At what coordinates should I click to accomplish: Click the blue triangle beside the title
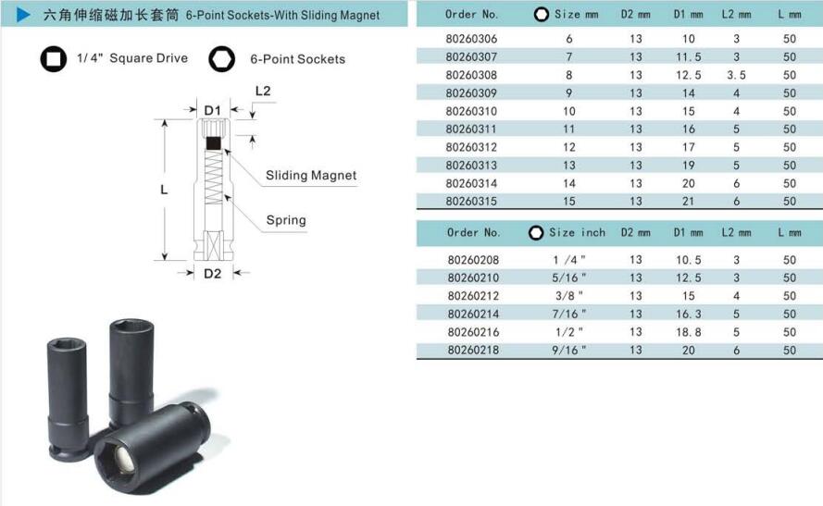[x=23, y=15]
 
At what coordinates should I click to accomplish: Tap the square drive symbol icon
[x=53, y=58]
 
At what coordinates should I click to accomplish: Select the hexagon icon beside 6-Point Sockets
[x=221, y=58]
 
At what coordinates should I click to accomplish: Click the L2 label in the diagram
[x=263, y=91]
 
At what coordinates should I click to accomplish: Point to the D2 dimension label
[x=213, y=273]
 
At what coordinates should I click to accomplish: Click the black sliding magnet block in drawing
[x=213, y=143]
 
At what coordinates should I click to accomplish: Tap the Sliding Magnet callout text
[x=311, y=175]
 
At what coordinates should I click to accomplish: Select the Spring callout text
[x=286, y=220]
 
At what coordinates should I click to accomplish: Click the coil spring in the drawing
[x=213, y=178]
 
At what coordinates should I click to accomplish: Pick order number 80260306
[x=471, y=39]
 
